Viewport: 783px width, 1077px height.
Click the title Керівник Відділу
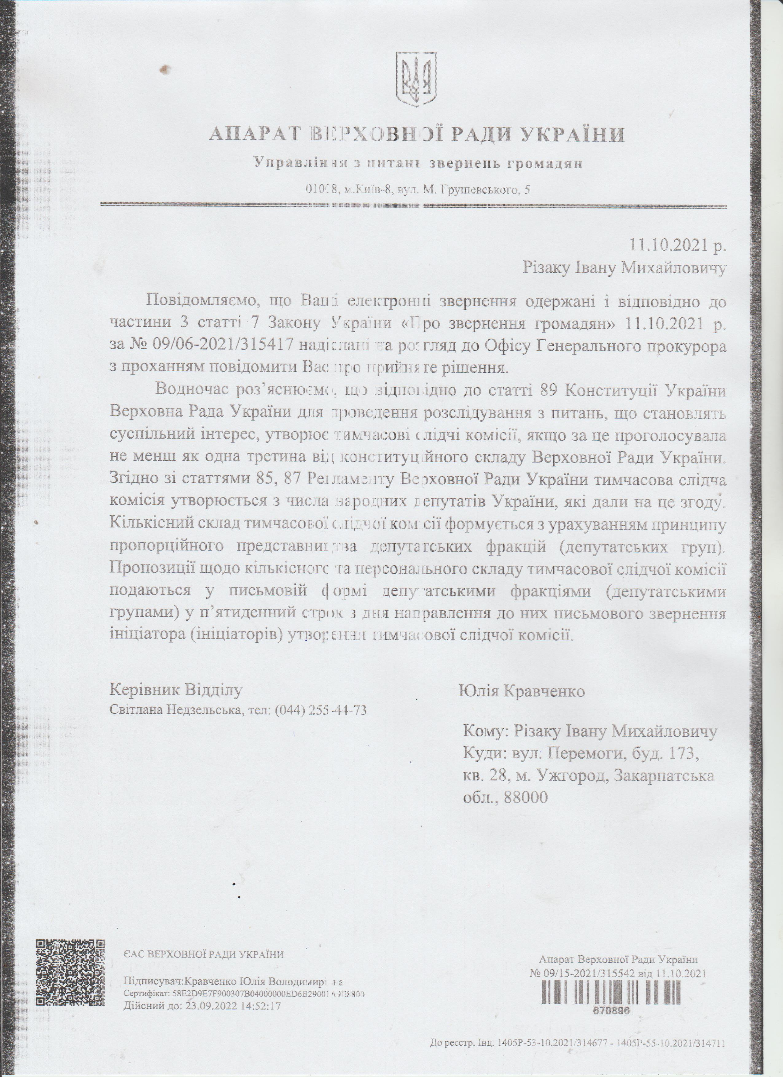click(176, 690)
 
